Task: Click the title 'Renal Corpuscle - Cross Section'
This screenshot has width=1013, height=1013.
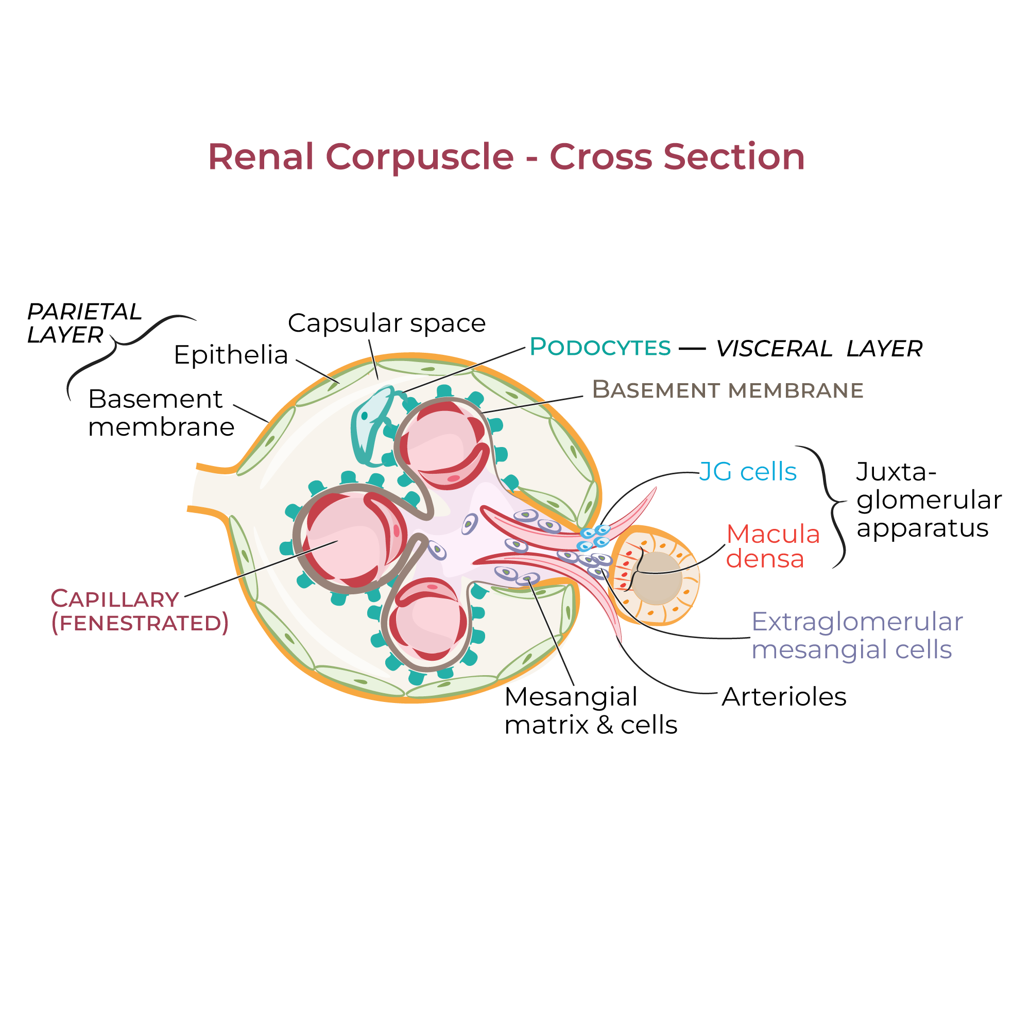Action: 506,157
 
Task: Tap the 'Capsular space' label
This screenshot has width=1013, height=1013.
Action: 386,323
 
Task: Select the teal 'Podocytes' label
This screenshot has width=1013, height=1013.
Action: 600,347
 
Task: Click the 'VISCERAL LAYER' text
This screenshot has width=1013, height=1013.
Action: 819,349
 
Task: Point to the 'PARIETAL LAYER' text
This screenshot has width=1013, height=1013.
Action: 84,323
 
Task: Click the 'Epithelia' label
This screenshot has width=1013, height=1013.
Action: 231,355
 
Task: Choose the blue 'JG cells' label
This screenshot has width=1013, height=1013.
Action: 748,472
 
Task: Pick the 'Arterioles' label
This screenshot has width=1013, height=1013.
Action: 784,697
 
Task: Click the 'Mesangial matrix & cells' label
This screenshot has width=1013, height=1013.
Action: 590,711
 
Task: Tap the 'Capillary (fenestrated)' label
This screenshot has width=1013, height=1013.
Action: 139,611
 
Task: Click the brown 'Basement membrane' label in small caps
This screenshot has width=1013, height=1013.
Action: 727,390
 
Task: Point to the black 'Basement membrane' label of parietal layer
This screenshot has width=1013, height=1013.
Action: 160,413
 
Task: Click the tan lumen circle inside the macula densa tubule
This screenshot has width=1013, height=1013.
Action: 657,578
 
